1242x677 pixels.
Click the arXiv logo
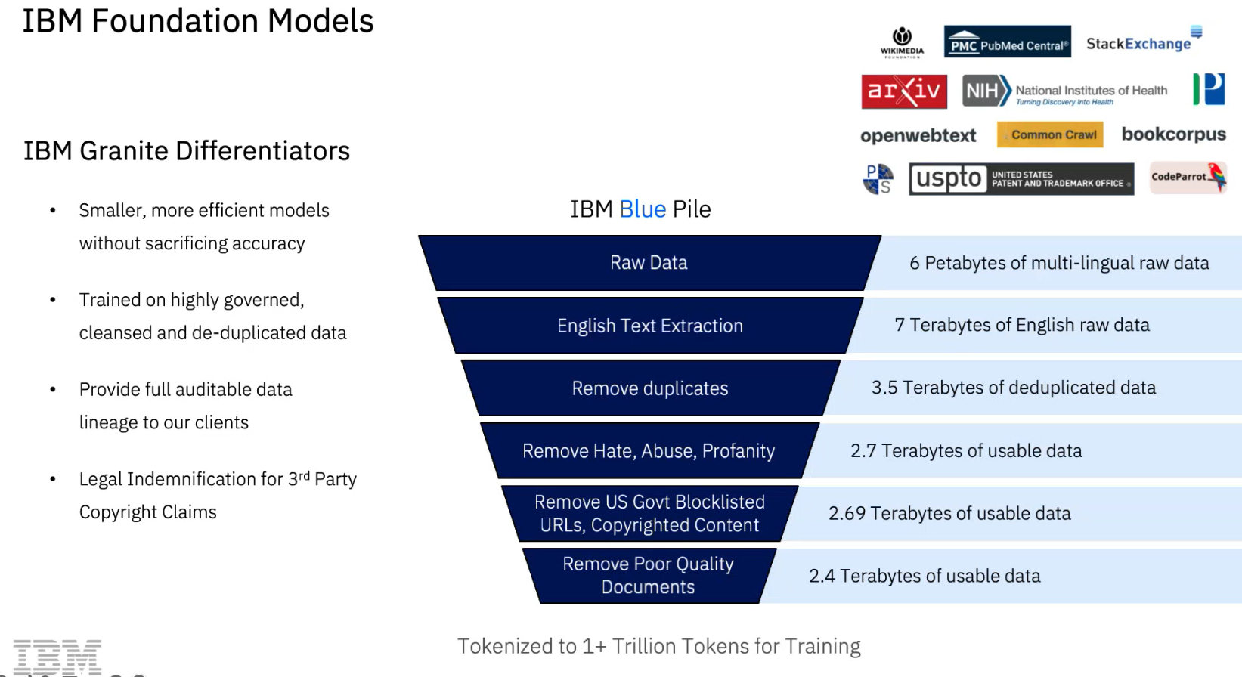(904, 91)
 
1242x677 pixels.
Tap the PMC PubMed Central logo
(1008, 42)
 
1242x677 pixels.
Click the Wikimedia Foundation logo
(902, 42)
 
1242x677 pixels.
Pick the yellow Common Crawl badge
(1050, 134)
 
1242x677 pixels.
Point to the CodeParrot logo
(1188, 178)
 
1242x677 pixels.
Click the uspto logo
(1021, 179)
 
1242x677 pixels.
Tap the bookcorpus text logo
(1174, 134)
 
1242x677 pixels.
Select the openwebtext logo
(918, 136)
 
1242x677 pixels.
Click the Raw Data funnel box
(649, 263)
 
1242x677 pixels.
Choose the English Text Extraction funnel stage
(650, 325)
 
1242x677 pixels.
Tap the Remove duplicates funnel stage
(650, 388)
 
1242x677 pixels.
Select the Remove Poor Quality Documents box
(649, 576)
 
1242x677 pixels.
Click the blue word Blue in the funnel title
(643, 209)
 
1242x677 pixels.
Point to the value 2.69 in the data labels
(847, 513)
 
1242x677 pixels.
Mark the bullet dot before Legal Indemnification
(53, 479)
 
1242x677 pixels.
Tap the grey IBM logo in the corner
(57, 657)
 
